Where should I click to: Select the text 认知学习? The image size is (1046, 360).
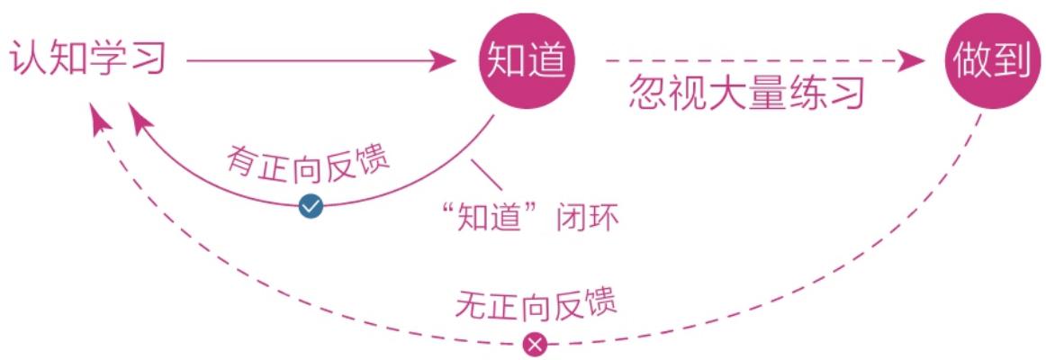(x=86, y=60)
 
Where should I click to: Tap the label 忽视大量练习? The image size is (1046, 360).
(x=747, y=94)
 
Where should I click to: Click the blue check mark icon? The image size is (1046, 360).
(x=311, y=207)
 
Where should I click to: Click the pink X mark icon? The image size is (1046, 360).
(x=536, y=345)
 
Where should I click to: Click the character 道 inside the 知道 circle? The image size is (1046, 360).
(x=548, y=60)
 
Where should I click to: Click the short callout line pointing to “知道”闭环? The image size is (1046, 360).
(x=486, y=174)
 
